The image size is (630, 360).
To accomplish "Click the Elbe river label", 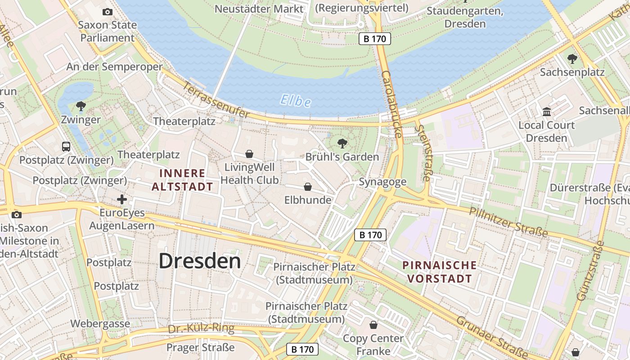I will point(295,100).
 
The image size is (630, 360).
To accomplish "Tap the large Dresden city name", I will point(200,261).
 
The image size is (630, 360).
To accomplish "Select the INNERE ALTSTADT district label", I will point(182,180).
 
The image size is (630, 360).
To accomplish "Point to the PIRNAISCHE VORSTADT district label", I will point(440,272).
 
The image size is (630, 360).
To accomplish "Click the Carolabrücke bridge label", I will point(391,104).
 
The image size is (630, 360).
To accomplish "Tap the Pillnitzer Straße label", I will point(508,222).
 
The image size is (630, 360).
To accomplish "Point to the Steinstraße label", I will point(423,153).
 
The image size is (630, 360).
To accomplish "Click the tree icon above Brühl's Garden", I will point(342,144).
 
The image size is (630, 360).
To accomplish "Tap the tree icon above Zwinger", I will point(81,106).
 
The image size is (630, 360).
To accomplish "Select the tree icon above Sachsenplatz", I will point(572,58).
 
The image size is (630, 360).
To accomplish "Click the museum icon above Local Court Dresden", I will point(547,111).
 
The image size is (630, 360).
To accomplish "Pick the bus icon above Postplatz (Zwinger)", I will point(66,146).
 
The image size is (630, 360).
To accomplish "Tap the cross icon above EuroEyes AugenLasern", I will point(122,199).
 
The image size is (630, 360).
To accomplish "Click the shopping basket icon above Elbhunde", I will point(308,186).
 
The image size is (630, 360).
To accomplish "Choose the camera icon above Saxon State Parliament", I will point(108,12).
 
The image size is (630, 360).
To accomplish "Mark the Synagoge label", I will point(382,182).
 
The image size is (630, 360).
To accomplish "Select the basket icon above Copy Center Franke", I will point(373,324).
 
